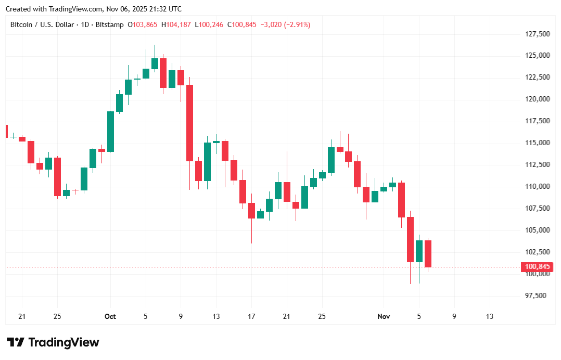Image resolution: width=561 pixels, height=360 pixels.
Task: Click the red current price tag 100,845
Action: pyautogui.click(x=537, y=267)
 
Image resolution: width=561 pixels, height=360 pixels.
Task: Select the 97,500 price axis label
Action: pyautogui.click(x=535, y=295)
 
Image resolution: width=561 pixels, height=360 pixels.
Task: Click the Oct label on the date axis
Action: pyautogui.click(x=110, y=316)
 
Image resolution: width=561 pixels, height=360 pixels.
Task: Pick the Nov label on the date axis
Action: pyautogui.click(x=384, y=316)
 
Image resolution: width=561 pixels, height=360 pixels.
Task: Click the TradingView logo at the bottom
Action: pyautogui.click(x=53, y=342)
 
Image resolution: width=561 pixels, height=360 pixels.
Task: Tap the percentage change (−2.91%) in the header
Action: pyautogui.click(x=297, y=24)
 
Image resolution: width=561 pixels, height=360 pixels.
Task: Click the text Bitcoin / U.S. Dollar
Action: pyautogui.click(x=43, y=24)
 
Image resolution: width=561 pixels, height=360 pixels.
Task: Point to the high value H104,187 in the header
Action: pyautogui.click(x=177, y=24)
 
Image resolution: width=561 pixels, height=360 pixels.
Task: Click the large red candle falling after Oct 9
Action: pyautogui.click(x=190, y=123)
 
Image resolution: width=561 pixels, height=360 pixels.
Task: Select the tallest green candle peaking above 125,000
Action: pyautogui.click(x=155, y=63)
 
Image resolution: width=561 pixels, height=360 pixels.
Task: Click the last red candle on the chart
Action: pyautogui.click(x=428, y=253)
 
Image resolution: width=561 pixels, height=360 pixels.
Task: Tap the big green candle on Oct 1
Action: pyautogui.click(x=110, y=131)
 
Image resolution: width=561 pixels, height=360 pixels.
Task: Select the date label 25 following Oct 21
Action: pyautogui.click(x=322, y=316)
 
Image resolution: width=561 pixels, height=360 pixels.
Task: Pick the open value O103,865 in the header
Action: pyautogui.click(x=143, y=24)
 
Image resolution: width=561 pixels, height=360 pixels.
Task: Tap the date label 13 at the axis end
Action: pyautogui.click(x=489, y=316)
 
